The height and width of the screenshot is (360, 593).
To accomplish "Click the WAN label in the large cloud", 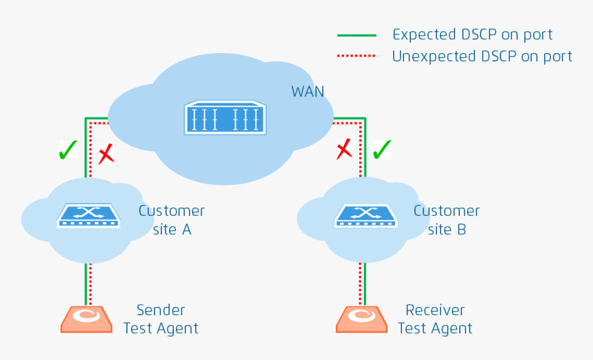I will click(308, 92).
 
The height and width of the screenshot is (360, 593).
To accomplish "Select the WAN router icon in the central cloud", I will click(225, 118).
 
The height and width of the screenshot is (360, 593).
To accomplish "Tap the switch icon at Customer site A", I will click(88, 215).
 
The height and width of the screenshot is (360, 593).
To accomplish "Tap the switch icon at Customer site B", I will click(365, 215).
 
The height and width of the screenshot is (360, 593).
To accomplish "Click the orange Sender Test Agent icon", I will click(86, 319).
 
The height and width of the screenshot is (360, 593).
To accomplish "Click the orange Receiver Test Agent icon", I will click(362, 319).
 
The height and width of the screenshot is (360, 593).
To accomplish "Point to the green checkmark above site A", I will click(68, 150).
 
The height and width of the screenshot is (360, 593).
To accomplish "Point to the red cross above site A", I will click(106, 154).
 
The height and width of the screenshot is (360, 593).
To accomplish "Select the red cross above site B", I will click(344, 149).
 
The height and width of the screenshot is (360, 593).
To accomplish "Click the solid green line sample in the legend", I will click(356, 35).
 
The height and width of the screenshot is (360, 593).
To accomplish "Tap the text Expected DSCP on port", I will click(472, 34).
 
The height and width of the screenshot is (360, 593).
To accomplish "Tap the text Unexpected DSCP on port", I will click(482, 57).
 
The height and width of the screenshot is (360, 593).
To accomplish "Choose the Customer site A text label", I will click(172, 220).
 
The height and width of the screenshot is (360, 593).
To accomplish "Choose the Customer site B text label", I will click(447, 220).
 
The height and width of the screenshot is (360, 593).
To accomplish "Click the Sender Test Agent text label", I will click(161, 319).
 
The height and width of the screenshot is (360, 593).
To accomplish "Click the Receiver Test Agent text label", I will click(435, 319).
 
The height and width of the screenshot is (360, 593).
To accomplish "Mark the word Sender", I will click(161, 310).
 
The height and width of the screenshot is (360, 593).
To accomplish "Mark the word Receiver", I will click(435, 310).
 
